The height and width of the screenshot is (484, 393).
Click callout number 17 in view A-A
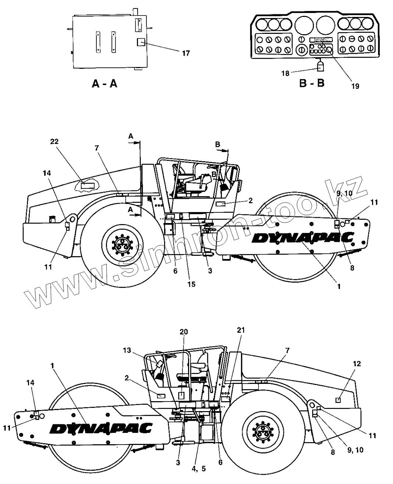click(186, 54)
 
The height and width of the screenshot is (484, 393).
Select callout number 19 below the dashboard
click(355, 86)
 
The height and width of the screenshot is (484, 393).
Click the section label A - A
click(105, 84)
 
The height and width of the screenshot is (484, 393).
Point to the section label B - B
click(311, 84)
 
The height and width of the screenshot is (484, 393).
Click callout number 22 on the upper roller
click(54, 142)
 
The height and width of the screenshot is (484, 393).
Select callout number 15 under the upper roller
click(191, 284)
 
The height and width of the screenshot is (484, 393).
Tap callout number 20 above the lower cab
click(184, 332)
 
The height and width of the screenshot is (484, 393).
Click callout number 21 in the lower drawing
click(241, 330)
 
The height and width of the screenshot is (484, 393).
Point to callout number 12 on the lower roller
click(347, 364)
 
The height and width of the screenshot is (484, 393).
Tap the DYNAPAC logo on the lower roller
click(101, 428)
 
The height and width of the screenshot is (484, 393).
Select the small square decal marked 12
click(339, 400)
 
